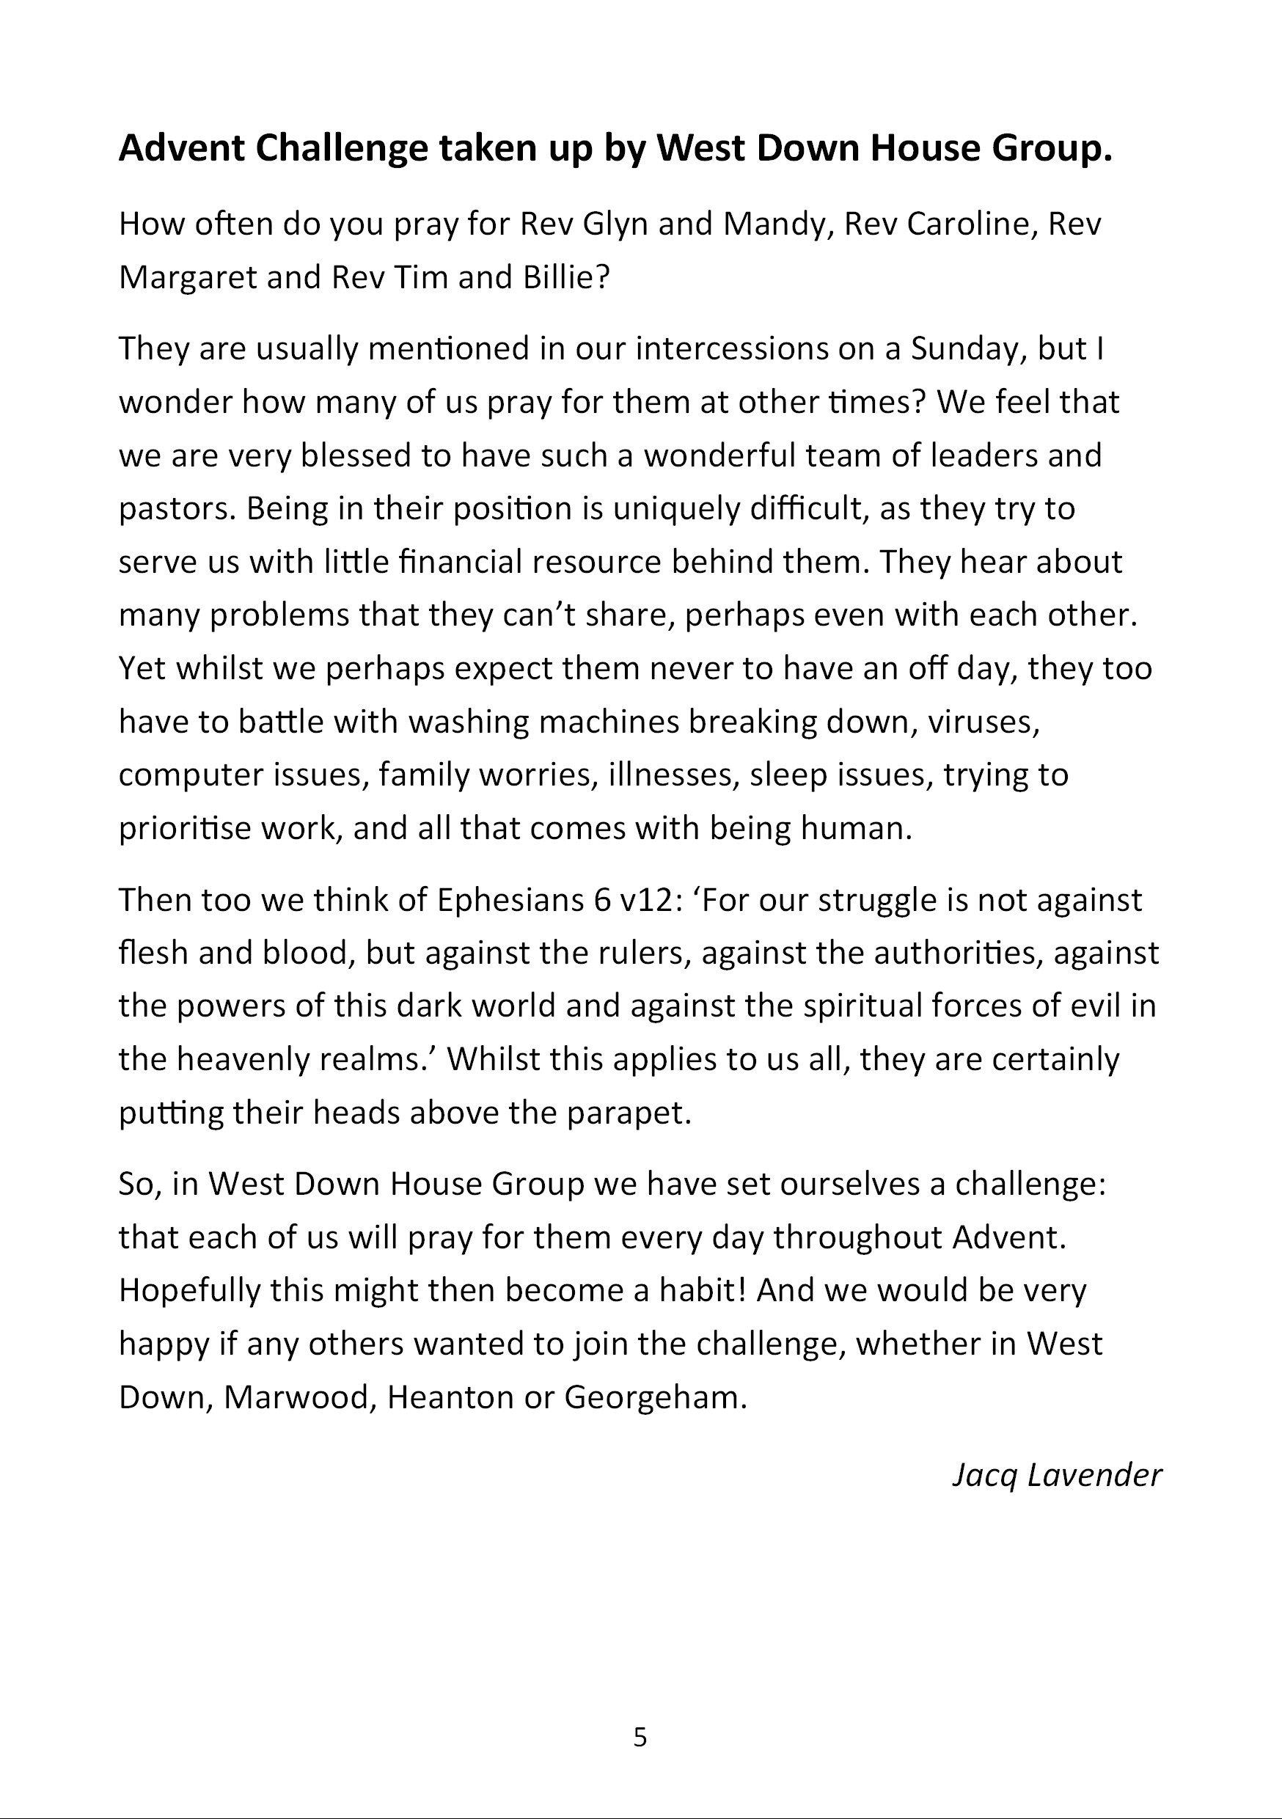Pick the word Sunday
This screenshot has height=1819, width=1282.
click(967, 348)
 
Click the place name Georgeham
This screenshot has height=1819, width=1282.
click(654, 1397)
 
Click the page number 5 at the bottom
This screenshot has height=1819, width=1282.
click(640, 1738)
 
